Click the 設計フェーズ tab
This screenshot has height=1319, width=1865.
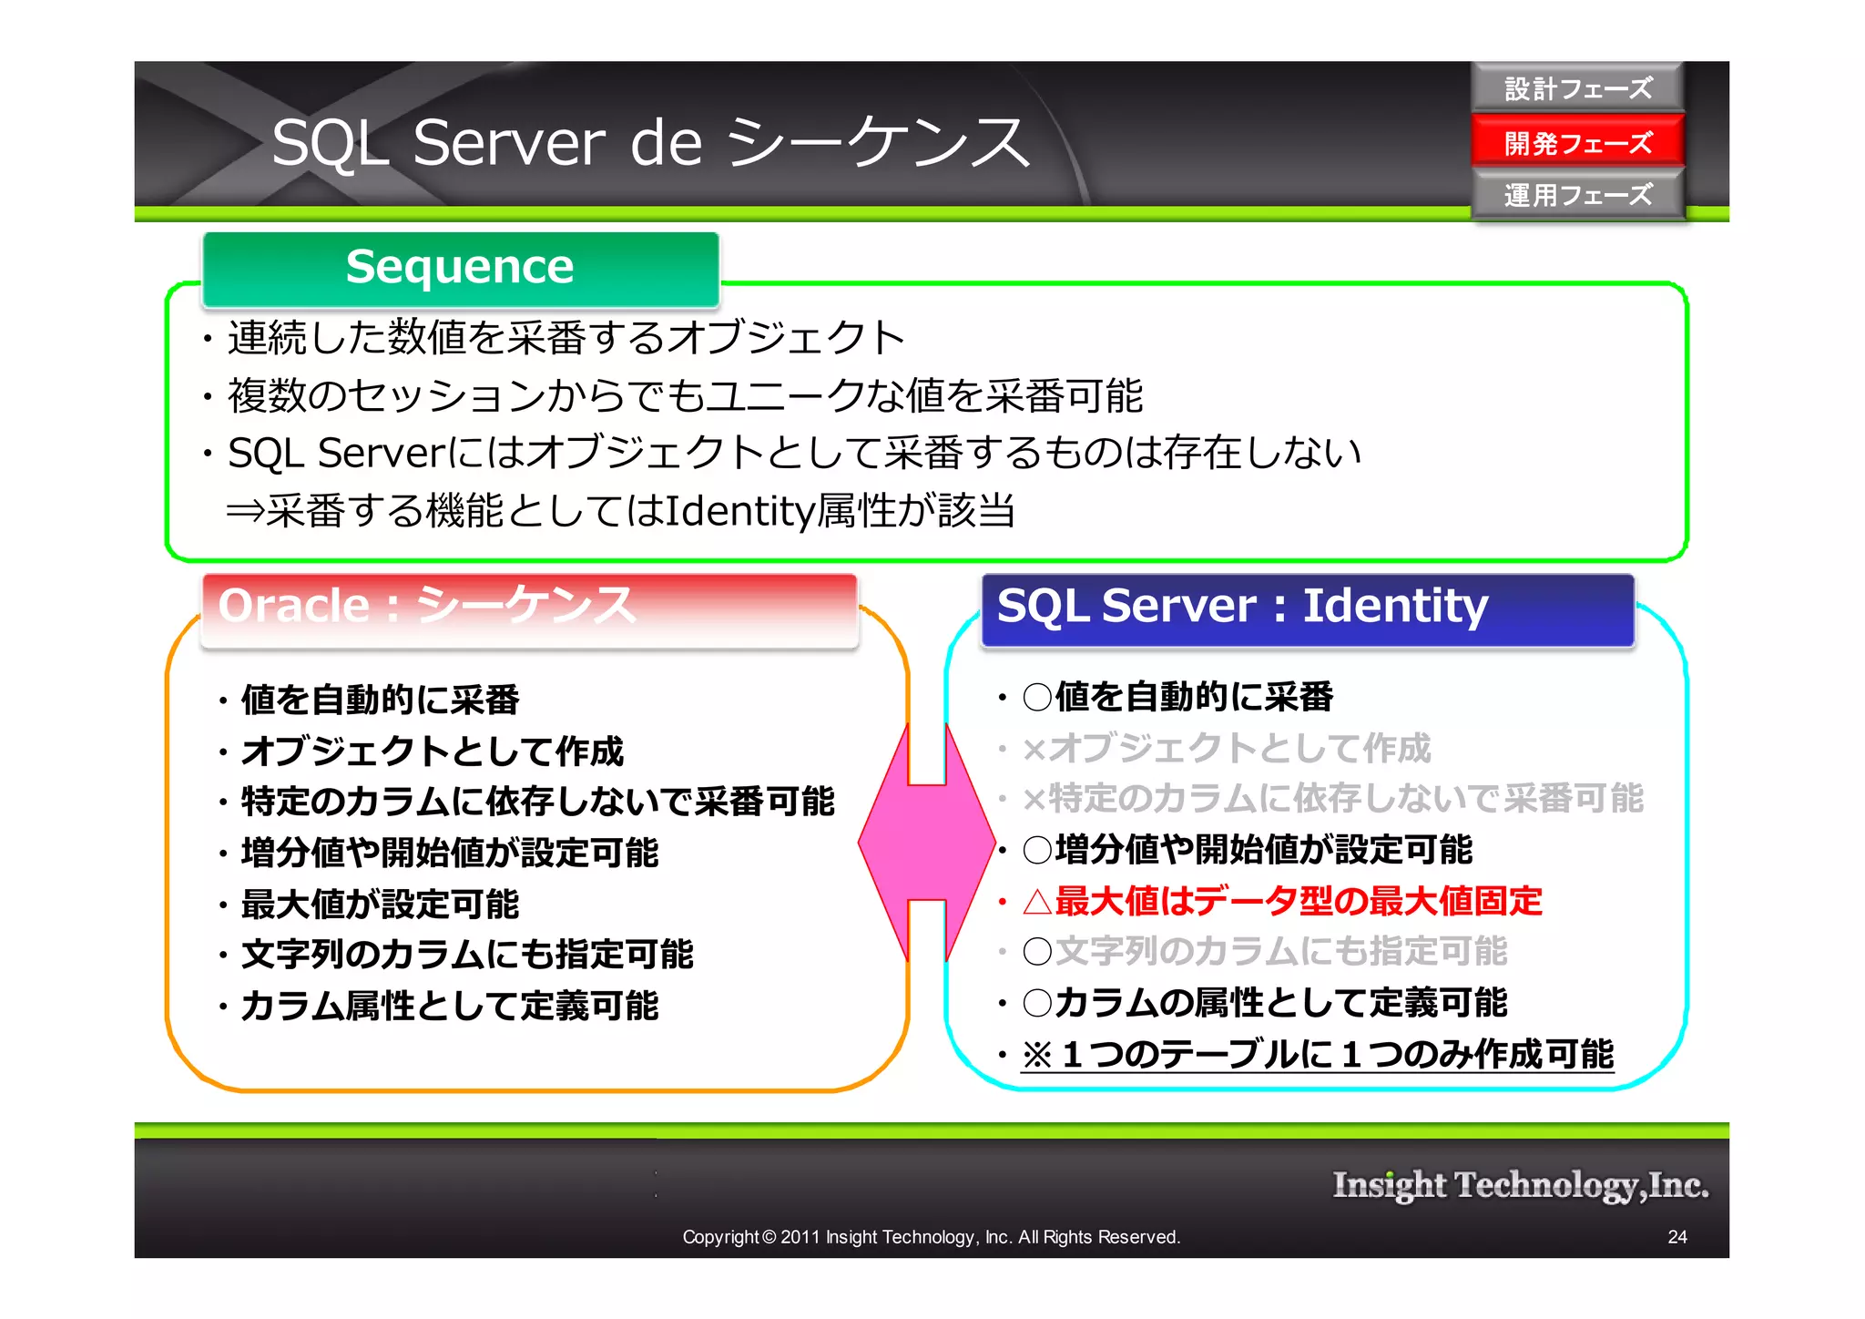pos(1577,88)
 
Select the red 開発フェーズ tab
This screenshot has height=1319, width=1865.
pos(1577,142)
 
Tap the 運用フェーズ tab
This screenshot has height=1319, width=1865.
pos(1577,195)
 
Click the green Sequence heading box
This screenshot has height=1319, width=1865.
pos(461,268)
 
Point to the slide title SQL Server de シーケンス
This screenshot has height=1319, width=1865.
pos(650,143)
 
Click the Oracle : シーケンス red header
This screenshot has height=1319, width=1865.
pos(528,608)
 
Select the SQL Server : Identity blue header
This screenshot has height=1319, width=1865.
pos(1307,608)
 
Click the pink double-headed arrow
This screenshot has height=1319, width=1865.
pos(927,843)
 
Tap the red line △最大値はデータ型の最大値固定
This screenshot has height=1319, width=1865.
pos(1282,901)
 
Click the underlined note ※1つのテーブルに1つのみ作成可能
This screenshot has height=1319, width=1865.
pos(1317,1054)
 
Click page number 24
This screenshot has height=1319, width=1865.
pos(1676,1237)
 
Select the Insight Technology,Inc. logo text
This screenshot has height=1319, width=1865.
pos(1520,1185)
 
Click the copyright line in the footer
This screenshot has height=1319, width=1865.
pos(931,1237)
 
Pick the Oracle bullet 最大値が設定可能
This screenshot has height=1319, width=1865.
pos(379,905)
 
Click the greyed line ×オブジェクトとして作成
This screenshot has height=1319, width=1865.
pos(1226,748)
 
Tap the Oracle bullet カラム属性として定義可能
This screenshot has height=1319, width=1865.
pos(449,1006)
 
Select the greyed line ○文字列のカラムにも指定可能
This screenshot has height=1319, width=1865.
pos(1265,951)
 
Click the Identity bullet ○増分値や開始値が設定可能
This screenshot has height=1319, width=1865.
pos(1248,850)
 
